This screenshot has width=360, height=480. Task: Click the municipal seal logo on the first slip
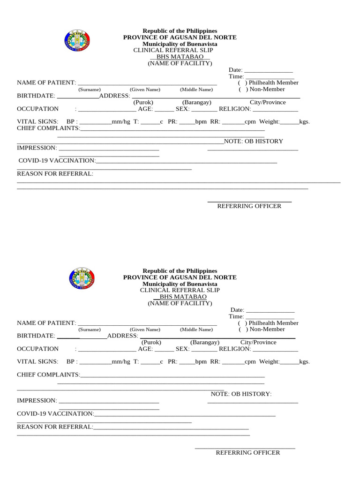pos(76,40)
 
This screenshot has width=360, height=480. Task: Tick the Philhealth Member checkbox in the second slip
pos(242,323)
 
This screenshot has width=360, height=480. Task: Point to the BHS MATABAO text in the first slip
pos(180,57)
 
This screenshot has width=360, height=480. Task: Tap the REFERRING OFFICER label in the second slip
pos(247,453)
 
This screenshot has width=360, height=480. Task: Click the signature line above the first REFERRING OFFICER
pos(249,202)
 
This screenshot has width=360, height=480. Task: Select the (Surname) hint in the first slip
pos(89,90)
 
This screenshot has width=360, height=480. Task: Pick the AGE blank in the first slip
pos(164,110)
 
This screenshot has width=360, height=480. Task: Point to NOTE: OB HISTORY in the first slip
pos(253,141)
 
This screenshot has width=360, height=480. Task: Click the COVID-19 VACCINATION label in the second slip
pos(55,414)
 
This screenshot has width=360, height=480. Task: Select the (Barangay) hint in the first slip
pos(197,102)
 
